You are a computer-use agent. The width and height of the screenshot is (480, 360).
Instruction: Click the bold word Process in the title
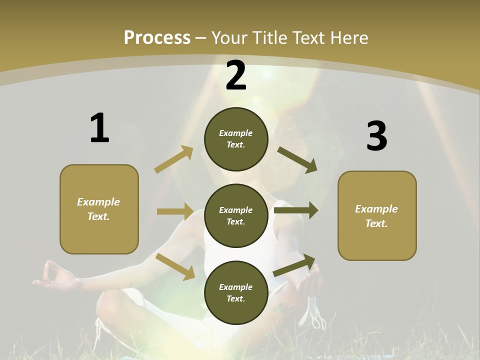pyautogui.click(x=157, y=38)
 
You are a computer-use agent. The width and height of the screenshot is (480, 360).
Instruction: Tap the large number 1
pyautogui.click(x=99, y=128)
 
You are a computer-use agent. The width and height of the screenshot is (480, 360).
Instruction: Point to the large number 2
pyautogui.click(x=236, y=75)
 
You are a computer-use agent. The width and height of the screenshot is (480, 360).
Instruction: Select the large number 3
pyautogui.click(x=376, y=136)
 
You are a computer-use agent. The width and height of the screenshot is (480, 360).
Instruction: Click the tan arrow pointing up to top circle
pyautogui.click(x=174, y=159)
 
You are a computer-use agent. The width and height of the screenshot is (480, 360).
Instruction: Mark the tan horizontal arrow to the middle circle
pyautogui.click(x=175, y=211)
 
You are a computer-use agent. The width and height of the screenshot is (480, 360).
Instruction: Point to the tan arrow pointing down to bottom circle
pyautogui.click(x=175, y=266)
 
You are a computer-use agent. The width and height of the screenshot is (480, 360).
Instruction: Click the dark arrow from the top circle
pyautogui.click(x=297, y=160)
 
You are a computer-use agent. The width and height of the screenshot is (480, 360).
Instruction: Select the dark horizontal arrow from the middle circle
pyautogui.click(x=296, y=210)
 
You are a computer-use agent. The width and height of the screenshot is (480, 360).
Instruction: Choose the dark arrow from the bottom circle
pyautogui.click(x=294, y=265)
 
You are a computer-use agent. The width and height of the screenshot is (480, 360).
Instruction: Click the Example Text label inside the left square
pyautogui.click(x=98, y=209)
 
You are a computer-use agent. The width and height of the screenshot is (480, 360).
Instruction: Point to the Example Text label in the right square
pyautogui.click(x=376, y=216)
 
